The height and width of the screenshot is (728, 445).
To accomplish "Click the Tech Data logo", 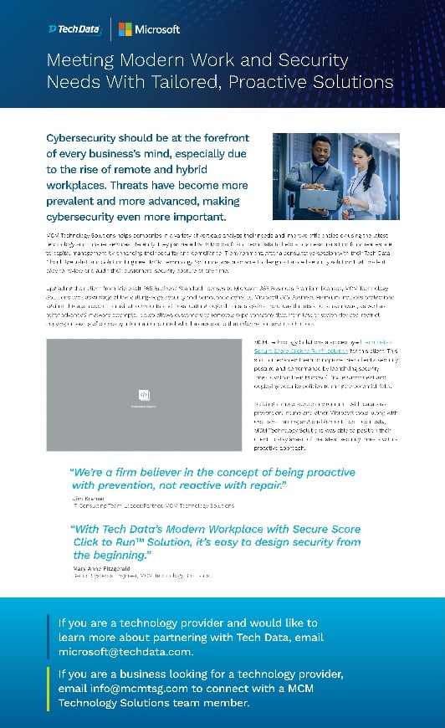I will click(75, 29).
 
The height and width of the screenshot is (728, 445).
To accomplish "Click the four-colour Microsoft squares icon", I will click(125, 29).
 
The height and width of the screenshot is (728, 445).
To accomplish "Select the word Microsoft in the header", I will click(158, 29).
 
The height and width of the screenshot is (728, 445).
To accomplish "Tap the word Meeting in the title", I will click(80, 61).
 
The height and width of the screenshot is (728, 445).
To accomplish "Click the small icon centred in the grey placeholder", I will click(144, 394).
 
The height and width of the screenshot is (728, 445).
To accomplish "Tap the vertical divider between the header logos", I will click(110, 29).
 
